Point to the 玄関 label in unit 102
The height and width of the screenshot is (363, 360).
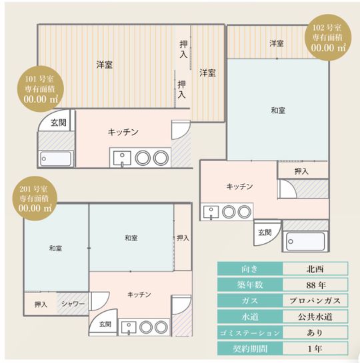click(x=265, y=232)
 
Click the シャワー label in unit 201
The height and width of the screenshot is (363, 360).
click(x=73, y=304)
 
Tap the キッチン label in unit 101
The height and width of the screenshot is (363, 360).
click(x=123, y=132)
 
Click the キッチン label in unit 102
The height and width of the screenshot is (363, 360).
click(x=239, y=186)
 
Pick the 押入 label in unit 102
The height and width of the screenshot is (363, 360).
click(x=301, y=171)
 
